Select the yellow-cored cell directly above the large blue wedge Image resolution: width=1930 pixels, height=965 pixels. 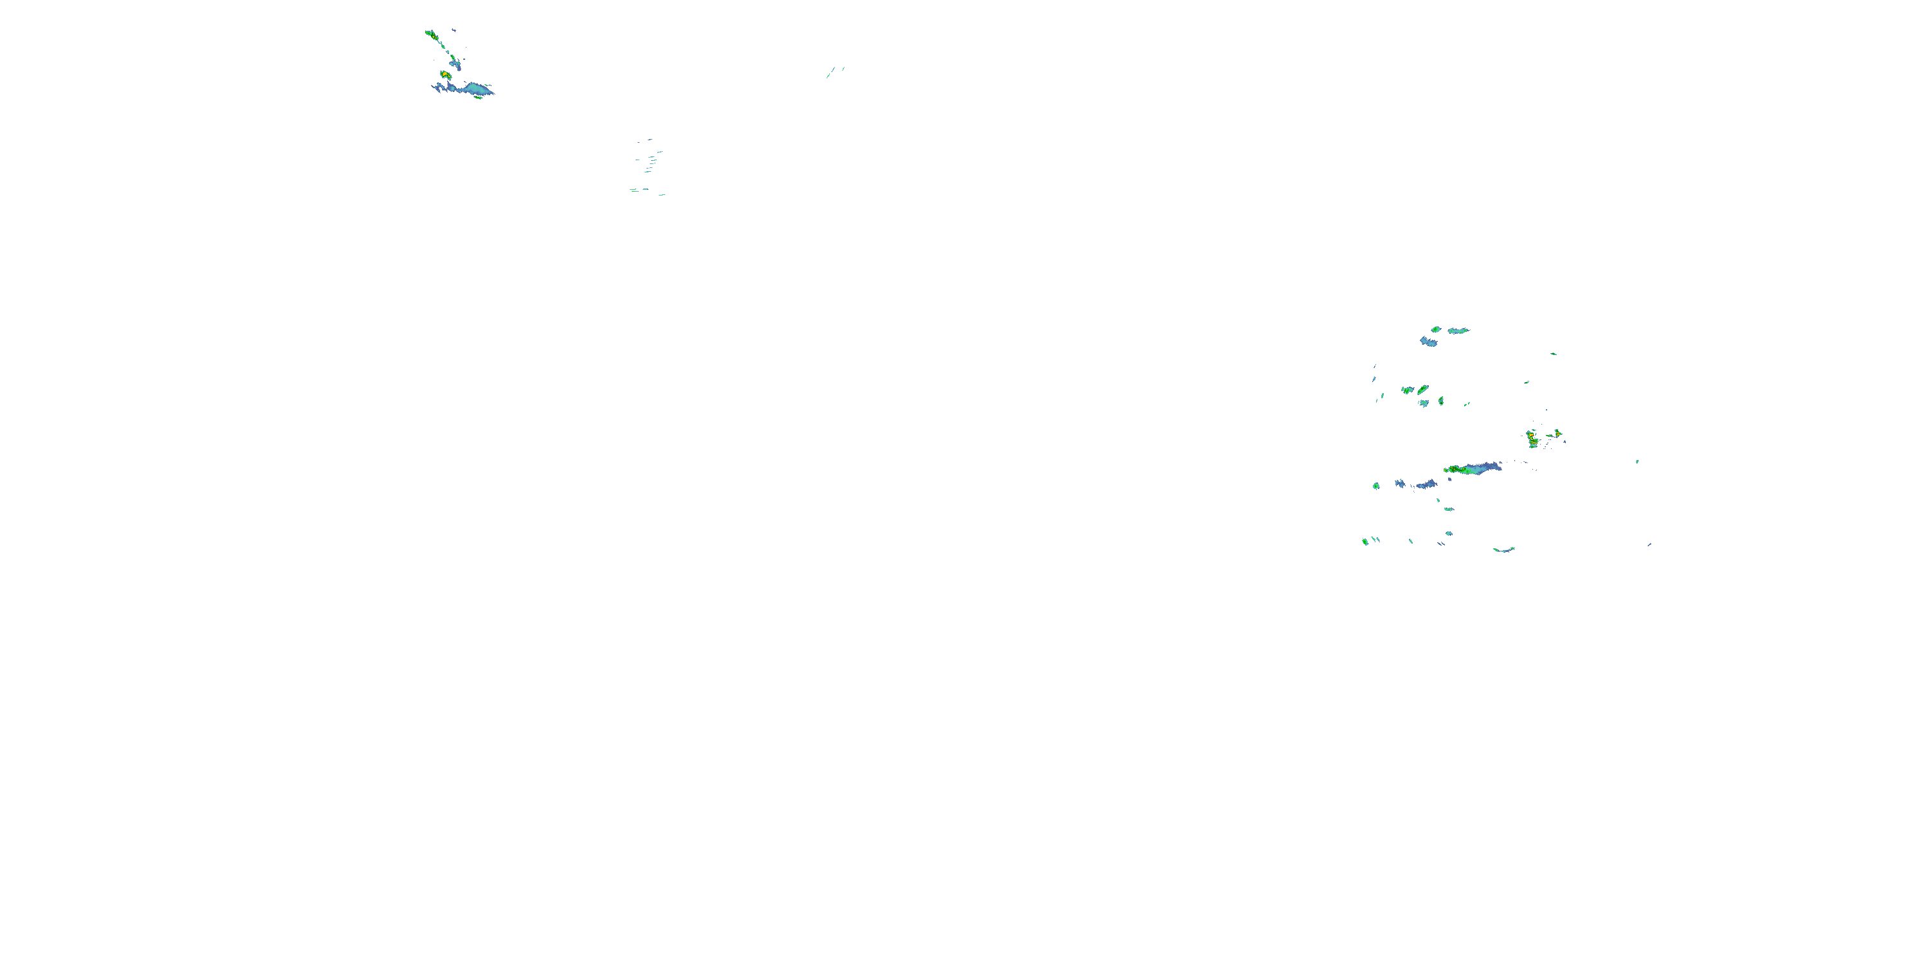446,75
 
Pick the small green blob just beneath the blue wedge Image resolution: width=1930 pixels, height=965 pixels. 478,97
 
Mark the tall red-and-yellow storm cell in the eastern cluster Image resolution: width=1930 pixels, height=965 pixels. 1533,439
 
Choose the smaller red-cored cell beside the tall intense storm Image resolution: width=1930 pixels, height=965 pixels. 1558,433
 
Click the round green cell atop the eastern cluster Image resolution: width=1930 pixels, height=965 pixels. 1435,329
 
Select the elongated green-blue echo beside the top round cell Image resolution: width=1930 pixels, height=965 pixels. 1458,331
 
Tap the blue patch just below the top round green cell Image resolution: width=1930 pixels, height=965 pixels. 1428,342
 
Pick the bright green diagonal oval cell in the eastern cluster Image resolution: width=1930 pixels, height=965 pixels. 1422,390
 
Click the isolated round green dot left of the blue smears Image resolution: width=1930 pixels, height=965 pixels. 1376,486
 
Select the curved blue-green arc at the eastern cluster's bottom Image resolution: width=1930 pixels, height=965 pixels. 1503,550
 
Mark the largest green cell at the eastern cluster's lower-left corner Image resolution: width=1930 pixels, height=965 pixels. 1365,541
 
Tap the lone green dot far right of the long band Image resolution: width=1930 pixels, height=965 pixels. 1637,461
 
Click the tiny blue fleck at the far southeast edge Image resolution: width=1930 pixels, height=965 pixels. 1649,545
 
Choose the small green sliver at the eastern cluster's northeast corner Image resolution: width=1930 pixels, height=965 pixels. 1553,354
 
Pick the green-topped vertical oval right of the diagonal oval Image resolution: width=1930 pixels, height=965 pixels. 1441,401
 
